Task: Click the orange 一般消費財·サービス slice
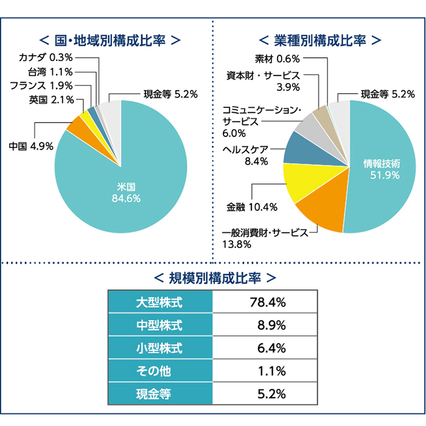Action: coord(323,215)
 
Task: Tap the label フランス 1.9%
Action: coord(41,85)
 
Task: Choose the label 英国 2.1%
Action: coord(51,99)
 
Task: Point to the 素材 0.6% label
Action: coord(277,59)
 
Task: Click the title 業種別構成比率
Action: coord(319,40)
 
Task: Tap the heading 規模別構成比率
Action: coord(212,278)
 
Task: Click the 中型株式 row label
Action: coord(160,325)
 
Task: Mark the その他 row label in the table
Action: coord(160,371)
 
